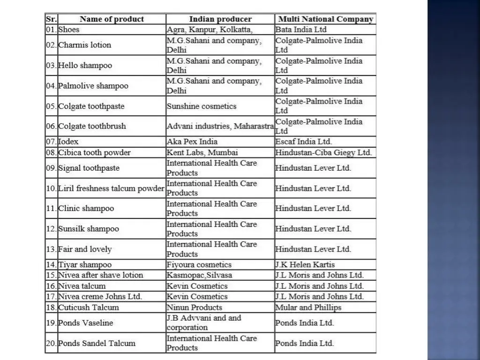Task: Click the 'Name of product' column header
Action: pyautogui.click(x=112, y=19)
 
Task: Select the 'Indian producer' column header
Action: pyautogui.click(x=220, y=19)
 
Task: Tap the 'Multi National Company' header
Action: pyautogui.click(x=326, y=19)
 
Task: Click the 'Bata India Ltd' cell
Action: pyautogui.click(x=301, y=30)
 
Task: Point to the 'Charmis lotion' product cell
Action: pyautogui.click(x=84, y=45)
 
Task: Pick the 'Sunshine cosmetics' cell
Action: pyautogui.click(x=202, y=106)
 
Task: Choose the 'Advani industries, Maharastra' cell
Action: pyautogui.click(x=220, y=126)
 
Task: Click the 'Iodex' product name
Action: pyautogui.click(x=68, y=141)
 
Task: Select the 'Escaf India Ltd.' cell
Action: pyautogui.click(x=303, y=141)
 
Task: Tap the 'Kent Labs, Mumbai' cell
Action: pyautogui.click(x=202, y=152)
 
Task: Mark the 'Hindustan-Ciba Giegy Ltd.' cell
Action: pyautogui.click(x=323, y=152)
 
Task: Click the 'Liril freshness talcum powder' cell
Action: pyautogui.click(x=111, y=188)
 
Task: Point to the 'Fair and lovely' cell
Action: pyautogui.click(x=85, y=249)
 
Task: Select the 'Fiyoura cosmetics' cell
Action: pyautogui.click(x=199, y=264)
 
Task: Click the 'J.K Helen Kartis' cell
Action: pyautogui.click(x=305, y=264)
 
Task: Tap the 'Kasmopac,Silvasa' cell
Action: pyautogui.click(x=200, y=275)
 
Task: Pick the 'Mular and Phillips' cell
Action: pyautogui.click(x=308, y=307)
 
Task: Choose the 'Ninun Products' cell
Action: pyautogui.click(x=195, y=307)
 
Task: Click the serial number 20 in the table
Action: pyautogui.click(x=51, y=343)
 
